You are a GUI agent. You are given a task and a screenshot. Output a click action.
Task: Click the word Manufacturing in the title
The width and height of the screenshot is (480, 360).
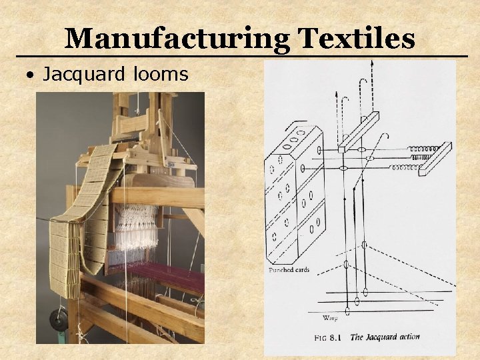[177, 39]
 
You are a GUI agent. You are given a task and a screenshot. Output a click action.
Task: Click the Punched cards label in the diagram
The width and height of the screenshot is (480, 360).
[289, 270]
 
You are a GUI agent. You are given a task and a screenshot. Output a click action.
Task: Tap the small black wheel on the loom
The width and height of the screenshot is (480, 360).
[59, 319]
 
